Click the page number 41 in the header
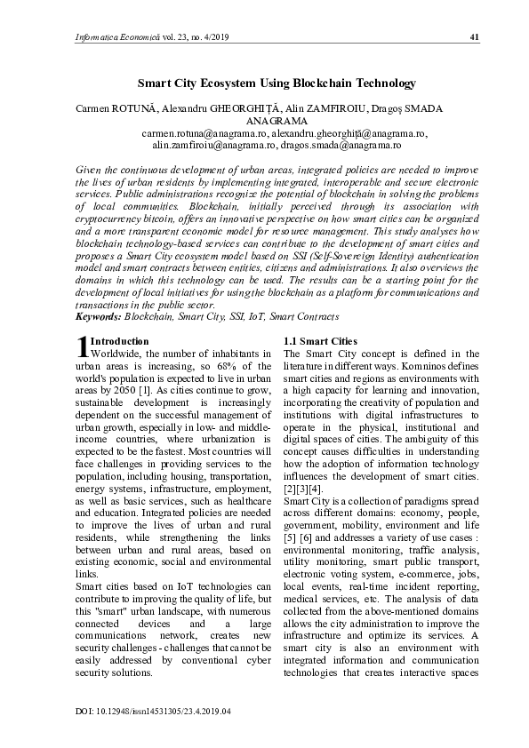click(x=474, y=36)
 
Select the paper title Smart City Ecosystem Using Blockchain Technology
click(x=276, y=84)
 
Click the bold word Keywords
click(x=98, y=316)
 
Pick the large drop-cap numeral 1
click(x=82, y=346)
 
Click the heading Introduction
click(x=120, y=341)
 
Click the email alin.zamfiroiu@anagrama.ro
click(x=214, y=144)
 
